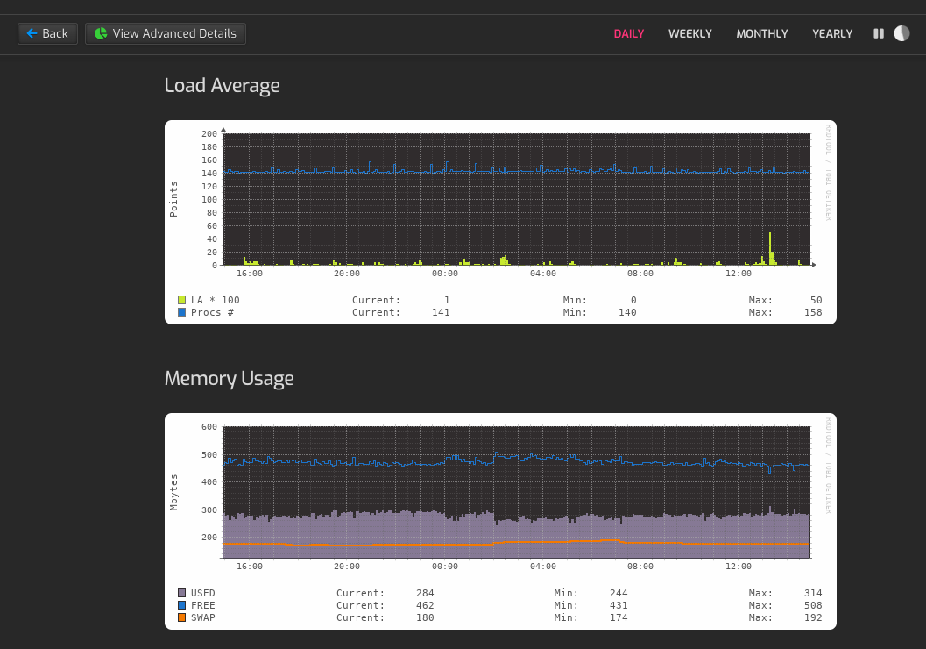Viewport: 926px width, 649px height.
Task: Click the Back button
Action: tap(47, 33)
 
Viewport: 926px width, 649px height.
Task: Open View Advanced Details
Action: tap(166, 33)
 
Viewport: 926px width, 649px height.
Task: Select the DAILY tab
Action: tap(628, 33)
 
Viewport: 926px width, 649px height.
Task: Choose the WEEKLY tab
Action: tap(689, 33)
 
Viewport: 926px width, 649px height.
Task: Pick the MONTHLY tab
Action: tap(761, 33)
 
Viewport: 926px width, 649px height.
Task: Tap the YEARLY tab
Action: tap(831, 33)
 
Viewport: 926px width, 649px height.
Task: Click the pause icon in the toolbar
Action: tap(878, 33)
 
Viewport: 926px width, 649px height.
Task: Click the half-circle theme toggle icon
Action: tap(901, 33)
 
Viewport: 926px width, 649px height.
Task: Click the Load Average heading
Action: tap(222, 85)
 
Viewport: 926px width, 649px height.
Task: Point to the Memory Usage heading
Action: tap(229, 378)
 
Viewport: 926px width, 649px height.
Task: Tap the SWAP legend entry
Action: tap(202, 617)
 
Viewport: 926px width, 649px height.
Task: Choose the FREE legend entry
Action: tap(202, 605)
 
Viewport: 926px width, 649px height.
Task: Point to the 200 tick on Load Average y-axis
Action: tap(209, 134)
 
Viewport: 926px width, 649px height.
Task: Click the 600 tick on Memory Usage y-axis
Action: tap(209, 427)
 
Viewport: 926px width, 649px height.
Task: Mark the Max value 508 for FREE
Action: tap(812, 605)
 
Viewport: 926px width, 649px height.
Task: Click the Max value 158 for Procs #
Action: tap(812, 312)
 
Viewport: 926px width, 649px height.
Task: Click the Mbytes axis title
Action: tap(174, 492)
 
